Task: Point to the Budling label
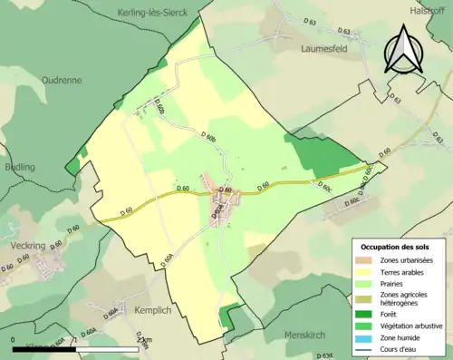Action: pos(19,167)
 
